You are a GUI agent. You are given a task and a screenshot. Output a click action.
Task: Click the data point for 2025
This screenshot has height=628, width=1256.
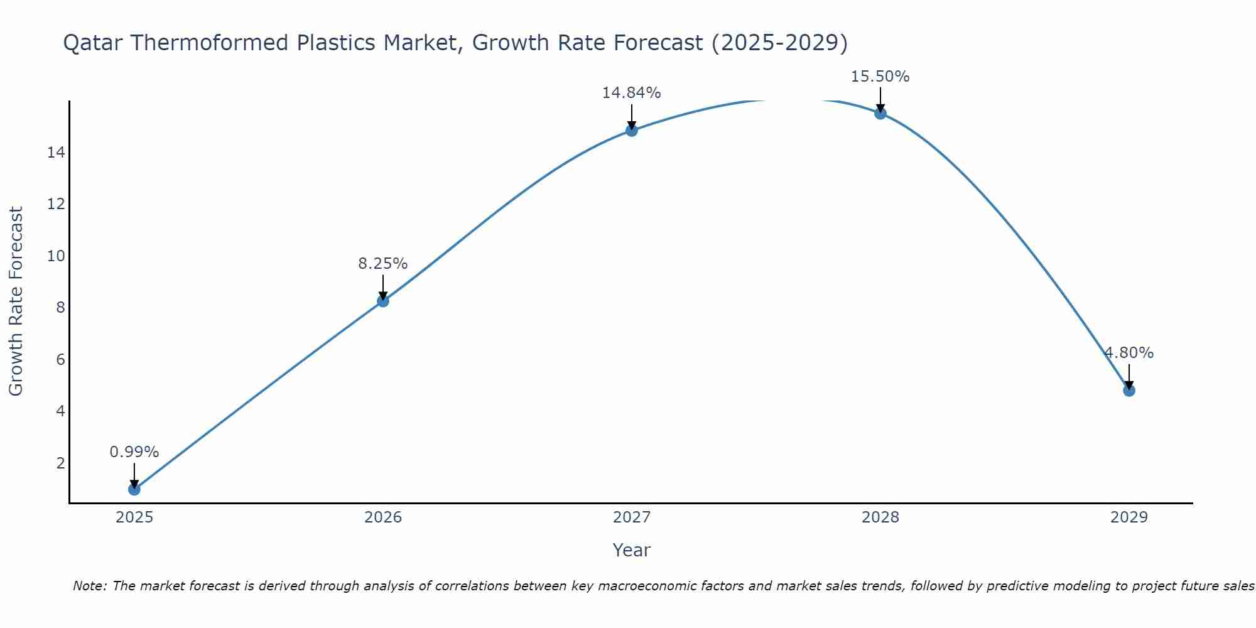pyautogui.click(x=134, y=489)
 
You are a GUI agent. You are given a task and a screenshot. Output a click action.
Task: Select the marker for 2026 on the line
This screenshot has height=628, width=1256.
pyautogui.click(x=383, y=301)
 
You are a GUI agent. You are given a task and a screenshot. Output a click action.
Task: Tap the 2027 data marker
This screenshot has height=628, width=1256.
pyautogui.click(x=632, y=131)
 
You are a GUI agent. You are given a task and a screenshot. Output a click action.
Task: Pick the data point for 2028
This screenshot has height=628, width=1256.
pyautogui.click(x=880, y=114)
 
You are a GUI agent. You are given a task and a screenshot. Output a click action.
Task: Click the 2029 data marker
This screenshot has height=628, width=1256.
pyautogui.click(x=1129, y=391)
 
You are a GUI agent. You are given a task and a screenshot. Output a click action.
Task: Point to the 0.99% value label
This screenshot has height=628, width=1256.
pyautogui.click(x=134, y=452)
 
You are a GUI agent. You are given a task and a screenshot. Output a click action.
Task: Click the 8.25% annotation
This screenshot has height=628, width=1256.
pyautogui.click(x=383, y=264)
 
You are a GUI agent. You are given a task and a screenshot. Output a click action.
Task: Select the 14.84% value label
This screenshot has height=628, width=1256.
pyautogui.click(x=632, y=93)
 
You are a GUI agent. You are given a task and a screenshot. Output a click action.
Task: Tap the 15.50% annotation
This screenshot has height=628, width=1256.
pyautogui.click(x=880, y=77)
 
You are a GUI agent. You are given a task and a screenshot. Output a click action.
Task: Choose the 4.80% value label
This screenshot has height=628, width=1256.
pyautogui.click(x=1129, y=353)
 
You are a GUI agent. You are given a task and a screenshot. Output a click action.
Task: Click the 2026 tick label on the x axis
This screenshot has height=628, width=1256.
pyautogui.click(x=383, y=517)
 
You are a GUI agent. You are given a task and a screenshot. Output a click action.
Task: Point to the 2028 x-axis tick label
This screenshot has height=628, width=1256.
pyautogui.click(x=880, y=517)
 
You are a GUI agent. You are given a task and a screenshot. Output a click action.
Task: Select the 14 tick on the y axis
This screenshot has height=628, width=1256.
pyautogui.click(x=57, y=153)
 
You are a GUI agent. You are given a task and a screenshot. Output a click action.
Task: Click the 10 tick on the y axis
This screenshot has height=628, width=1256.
pyautogui.click(x=57, y=256)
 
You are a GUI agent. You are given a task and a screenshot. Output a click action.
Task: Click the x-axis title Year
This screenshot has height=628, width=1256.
pyautogui.click(x=632, y=550)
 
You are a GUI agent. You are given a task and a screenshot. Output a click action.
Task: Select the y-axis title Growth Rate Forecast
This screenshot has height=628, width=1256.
pyautogui.click(x=16, y=301)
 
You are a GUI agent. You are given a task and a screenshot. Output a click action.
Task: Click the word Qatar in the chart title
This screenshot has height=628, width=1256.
pyautogui.click(x=94, y=43)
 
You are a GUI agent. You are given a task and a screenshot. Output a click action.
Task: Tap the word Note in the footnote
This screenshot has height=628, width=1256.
pyautogui.click(x=90, y=586)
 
